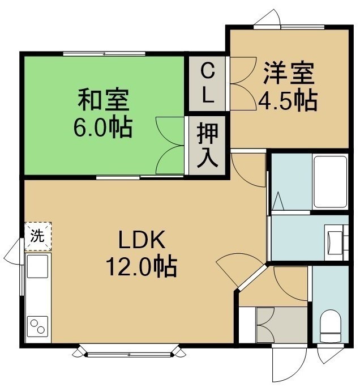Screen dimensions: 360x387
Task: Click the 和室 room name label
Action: (x=104, y=99)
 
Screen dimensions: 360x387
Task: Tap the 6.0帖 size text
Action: (x=104, y=127)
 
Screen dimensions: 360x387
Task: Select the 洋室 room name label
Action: (x=289, y=73)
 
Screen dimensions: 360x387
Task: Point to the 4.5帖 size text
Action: (x=288, y=101)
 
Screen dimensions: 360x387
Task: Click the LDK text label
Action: (x=142, y=240)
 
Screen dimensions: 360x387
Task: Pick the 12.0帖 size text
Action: (x=142, y=266)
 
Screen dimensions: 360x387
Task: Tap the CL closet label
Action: (x=208, y=83)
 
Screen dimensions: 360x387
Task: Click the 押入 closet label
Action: (x=207, y=145)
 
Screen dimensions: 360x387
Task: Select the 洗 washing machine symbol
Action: (x=38, y=236)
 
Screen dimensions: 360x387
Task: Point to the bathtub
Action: (x=330, y=181)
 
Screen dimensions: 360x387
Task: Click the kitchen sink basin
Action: (x=37, y=266)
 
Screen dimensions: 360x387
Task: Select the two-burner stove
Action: (x=37, y=326)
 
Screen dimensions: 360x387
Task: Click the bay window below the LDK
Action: (x=129, y=351)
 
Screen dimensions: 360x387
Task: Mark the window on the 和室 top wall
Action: (x=104, y=54)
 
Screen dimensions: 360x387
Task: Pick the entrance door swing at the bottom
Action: (x=289, y=364)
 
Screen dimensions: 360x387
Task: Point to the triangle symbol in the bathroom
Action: (x=278, y=201)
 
